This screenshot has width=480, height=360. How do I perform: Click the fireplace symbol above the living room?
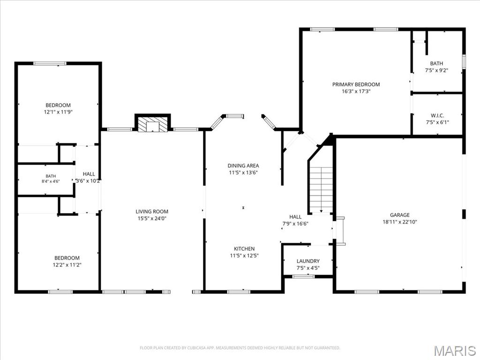[x=153, y=124]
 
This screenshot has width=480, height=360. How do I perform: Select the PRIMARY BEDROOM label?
[x=356, y=84]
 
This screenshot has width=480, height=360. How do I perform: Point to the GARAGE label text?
[x=399, y=215]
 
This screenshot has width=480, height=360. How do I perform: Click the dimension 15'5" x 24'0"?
[x=152, y=218]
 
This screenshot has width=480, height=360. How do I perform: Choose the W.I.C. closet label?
[x=437, y=115]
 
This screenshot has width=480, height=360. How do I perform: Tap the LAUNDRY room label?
[x=308, y=261]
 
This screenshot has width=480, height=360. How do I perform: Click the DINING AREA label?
[x=243, y=165]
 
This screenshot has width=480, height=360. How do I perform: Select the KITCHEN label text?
[x=244, y=248]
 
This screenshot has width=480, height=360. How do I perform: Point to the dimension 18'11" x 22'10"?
[x=399, y=222]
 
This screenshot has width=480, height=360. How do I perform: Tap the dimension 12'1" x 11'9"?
[x=58, y=112]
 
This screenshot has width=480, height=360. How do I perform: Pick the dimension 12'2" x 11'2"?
[x=67, y=265]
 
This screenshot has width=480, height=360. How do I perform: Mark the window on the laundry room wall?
[x=303, y=277]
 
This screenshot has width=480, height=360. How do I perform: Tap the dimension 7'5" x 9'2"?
[x=436, y=70]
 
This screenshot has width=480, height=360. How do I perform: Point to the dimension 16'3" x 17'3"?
[x=356, y=91]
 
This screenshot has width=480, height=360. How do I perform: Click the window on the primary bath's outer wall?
[x=464, y=61]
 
